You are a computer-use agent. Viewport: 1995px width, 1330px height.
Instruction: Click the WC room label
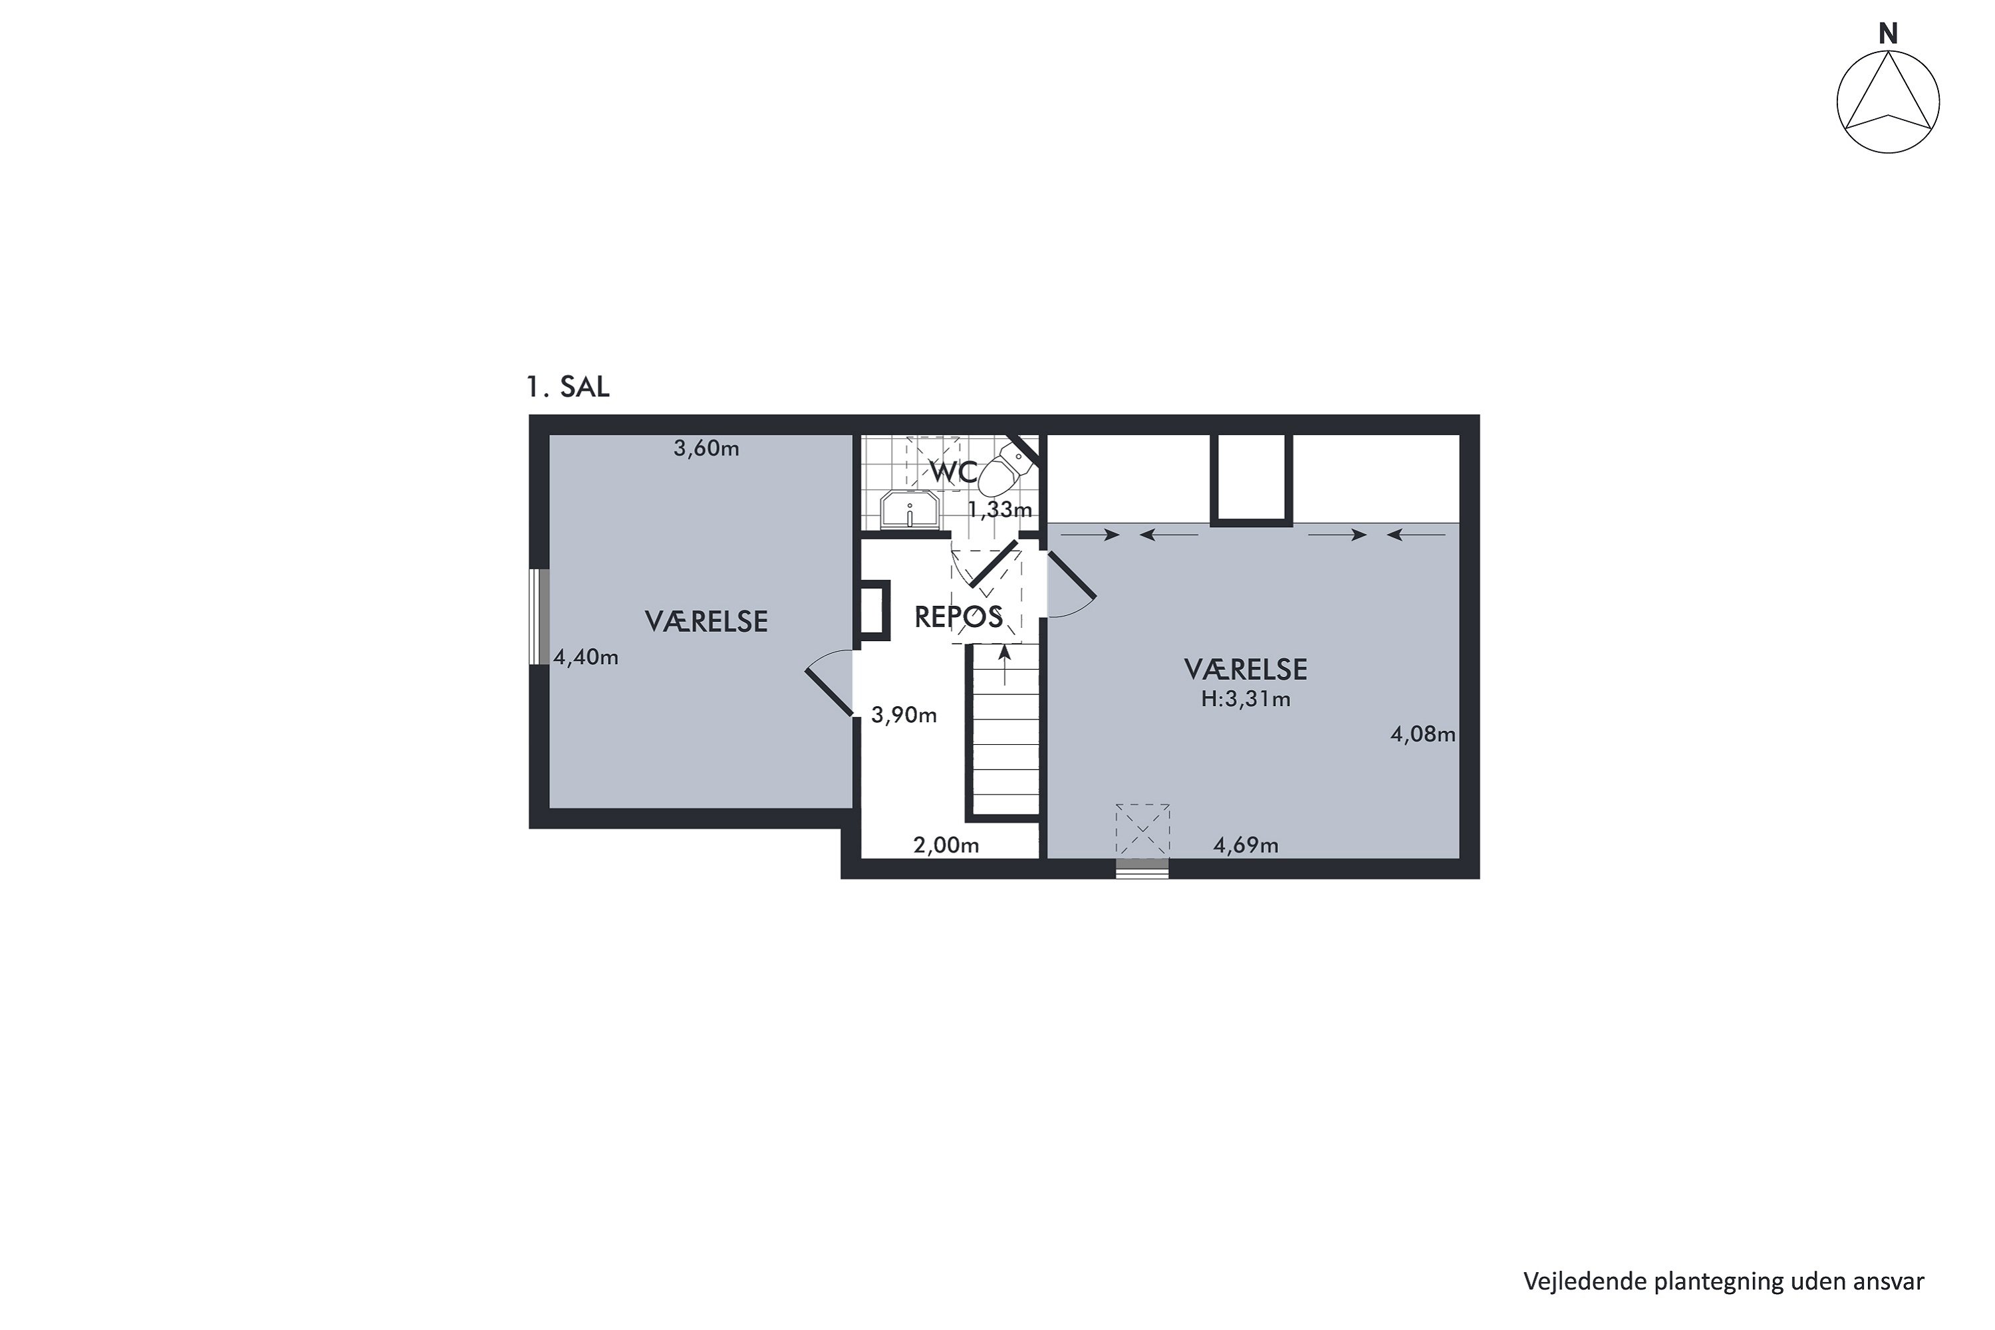click(954, 472)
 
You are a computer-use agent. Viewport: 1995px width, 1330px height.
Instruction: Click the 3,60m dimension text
click(706, 449)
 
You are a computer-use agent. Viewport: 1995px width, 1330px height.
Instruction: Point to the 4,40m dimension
click(586, 658)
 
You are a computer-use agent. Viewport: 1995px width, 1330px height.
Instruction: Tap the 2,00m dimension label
click(946, 846)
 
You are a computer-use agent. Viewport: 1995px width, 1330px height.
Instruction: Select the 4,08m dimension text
click(1423, 735)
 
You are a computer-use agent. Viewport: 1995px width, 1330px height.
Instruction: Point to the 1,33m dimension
click(1000, 510)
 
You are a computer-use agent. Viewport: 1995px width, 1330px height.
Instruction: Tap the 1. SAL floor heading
click(567, 387)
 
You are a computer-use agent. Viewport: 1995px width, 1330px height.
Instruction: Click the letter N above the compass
click(1888, 34)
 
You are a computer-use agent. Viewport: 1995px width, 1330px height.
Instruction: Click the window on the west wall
click(539, 616)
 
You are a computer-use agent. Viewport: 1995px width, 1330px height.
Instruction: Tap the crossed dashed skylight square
click(1142, 831)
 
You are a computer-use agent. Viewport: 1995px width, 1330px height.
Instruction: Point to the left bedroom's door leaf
click(829, 693)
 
